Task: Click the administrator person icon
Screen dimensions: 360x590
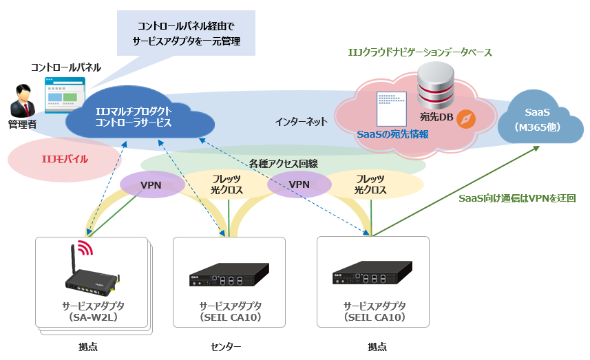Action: click(23, 100)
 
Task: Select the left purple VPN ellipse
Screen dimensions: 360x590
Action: click(151, 185)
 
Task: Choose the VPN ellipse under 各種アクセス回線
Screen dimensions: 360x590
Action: click(299, 184)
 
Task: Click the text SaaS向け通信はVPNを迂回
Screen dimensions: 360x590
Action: click(517, 198)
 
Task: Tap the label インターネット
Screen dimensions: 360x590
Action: click(301, 121)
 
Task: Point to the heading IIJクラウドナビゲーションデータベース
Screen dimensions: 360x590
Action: click(419, 52)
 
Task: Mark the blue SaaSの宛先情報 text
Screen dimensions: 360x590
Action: click(392, 134)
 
